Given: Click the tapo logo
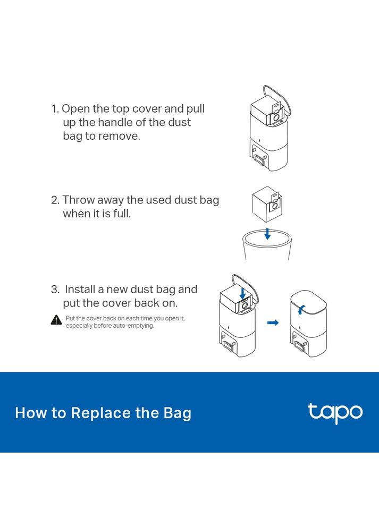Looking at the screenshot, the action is [x=335, y=413].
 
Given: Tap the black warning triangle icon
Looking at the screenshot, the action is [x=56, y=320].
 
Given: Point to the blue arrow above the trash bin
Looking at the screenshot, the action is [x=267, y=234].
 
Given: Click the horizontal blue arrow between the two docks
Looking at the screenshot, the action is [x=273, y=322].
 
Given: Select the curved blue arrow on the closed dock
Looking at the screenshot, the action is [x=301, y=310].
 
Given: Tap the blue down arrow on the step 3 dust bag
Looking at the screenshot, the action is [x=243, y=292].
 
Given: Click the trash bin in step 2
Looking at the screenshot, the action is [x=267, y=245].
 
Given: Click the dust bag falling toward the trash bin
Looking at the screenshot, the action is [x=267, y=204].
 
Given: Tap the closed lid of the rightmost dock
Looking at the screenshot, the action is [x=308, y=302].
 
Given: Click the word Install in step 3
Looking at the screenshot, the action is [x=80, y=290].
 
